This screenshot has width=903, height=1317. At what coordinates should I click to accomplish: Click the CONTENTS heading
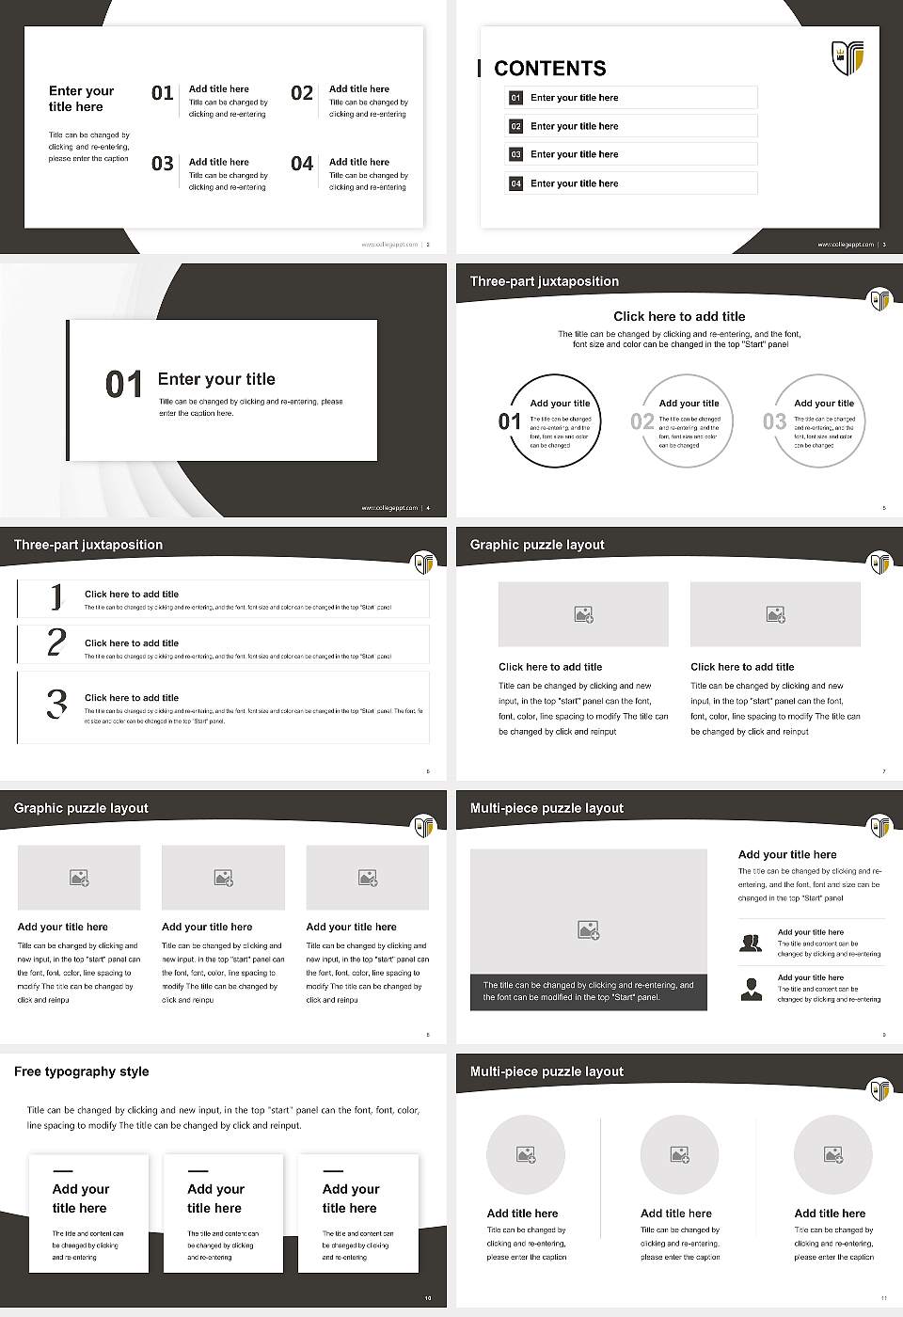[550, 69]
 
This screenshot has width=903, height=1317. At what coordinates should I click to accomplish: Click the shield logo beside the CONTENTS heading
[848, 57]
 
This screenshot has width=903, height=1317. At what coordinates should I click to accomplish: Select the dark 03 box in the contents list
[515, 154]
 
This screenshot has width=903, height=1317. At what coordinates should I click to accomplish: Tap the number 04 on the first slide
[302, 164]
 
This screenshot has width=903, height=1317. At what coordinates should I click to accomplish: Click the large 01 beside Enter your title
[123, 384]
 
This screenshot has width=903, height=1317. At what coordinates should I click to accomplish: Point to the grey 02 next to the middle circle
[642, 421]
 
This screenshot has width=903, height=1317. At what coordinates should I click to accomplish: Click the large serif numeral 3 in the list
[56, 704]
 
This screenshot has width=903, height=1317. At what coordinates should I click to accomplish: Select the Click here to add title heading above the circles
[679, 317]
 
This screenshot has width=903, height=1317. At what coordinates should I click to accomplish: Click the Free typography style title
[82, 1071]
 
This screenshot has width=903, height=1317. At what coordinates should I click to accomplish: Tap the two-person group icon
[751, 943]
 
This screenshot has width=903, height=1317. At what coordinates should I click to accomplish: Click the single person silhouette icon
[751, 989]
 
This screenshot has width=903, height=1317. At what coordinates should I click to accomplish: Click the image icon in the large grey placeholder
[589, 929]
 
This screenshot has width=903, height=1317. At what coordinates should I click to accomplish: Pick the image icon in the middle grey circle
[680, 1154]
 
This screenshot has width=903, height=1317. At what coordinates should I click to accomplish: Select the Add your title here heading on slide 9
[787, 855]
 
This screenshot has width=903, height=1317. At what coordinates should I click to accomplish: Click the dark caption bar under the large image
[588, 992]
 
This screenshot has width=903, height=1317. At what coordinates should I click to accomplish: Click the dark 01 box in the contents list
[515, 98]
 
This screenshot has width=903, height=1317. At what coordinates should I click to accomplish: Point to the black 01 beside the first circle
[510, 421]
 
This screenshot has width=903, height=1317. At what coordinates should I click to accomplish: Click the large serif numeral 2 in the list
[56, 643]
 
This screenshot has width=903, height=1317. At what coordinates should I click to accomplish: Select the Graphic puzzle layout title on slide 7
[537, 545]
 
